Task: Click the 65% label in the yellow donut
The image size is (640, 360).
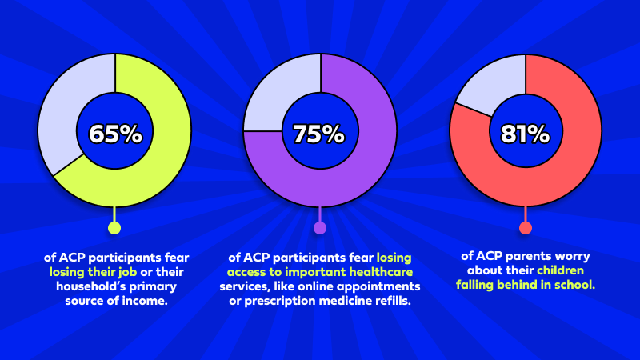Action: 115,134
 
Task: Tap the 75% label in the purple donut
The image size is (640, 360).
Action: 320,134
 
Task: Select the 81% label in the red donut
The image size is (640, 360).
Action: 526,134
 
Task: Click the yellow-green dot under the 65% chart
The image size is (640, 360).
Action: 114,228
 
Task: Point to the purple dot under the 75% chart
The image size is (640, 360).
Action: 320,228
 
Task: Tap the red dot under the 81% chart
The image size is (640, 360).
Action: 526,228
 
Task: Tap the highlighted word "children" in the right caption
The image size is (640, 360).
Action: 570,270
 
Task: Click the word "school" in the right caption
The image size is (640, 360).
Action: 574,285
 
